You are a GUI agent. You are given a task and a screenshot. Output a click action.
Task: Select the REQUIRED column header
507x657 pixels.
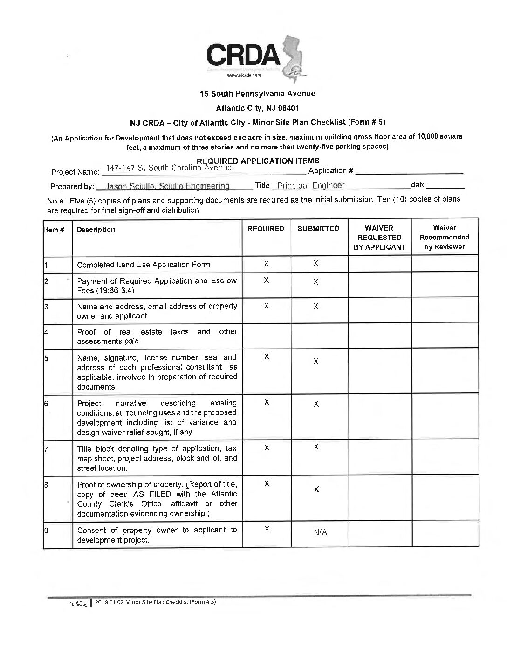coord(266,229)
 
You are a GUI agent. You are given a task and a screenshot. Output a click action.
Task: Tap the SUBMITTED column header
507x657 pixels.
coord(319,229)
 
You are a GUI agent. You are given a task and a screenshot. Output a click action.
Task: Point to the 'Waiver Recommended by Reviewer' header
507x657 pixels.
coord(445,237)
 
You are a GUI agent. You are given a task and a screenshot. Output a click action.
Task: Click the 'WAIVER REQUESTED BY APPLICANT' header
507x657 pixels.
coord(379,237)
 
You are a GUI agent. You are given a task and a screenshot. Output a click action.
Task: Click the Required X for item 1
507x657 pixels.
coord(266,264)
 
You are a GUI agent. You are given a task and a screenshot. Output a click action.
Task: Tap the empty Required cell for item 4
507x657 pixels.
coord(266,335)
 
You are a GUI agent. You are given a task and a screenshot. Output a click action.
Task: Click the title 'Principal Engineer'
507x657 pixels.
coord(308,185)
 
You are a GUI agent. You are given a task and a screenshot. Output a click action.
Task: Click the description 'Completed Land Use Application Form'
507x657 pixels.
coord(144,265)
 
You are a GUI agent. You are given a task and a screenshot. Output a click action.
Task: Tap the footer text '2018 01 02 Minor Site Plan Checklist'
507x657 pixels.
coord(155,602)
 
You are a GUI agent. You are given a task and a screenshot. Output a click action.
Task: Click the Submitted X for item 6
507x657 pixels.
coord(316,405)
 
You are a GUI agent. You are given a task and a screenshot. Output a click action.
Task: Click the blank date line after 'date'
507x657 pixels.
coord(445,186)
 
